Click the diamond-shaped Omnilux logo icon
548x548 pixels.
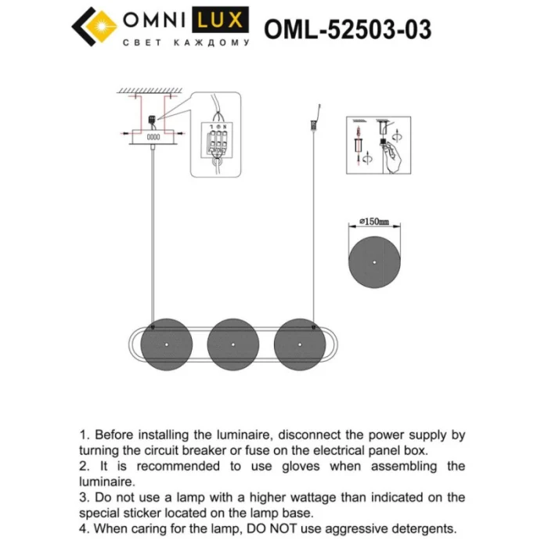tap(95, 27)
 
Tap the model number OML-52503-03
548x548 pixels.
tap(348, 29)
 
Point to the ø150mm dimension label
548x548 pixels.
tap(373, 222)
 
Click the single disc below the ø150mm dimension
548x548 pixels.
tap(373, 259)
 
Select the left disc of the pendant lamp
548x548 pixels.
tap(167, 343)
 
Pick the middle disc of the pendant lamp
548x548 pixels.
tap(233, 343)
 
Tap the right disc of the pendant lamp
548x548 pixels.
tap(300, 343)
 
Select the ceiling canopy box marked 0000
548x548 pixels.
tap(153, 136)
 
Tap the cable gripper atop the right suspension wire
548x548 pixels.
tap(315, 124)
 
